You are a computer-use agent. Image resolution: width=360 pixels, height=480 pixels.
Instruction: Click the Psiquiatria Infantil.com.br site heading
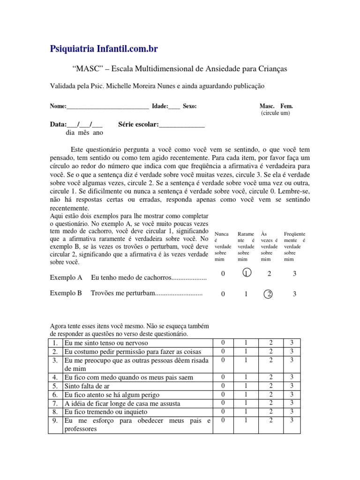click(x=107, y=49)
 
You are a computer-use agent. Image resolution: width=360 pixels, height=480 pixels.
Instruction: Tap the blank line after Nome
click(x=108, y=106)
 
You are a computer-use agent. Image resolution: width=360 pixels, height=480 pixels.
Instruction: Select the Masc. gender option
click(x=268, y=106)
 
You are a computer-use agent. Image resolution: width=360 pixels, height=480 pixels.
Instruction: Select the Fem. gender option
click(x=286, y=106)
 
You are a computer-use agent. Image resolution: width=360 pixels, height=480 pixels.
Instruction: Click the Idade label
click(x=160, y=106)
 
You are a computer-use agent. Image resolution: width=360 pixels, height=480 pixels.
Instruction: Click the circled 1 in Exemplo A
click(x=245, y=274)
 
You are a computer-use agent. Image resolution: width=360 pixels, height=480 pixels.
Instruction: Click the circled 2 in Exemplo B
click(x=269, y=294)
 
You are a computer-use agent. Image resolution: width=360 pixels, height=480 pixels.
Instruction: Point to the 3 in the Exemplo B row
click(x=294, y=294)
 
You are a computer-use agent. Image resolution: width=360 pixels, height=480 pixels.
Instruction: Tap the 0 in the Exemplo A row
click(x=223, y=274)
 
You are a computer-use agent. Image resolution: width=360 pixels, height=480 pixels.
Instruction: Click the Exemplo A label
click(x=66, y=278)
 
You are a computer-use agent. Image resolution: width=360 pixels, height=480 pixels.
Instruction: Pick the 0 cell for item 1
click(x=223, y=343)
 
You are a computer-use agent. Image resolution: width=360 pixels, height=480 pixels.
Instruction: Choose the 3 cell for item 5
click(x=292, y=385)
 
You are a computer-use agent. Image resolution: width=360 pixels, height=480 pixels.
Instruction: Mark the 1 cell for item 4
click(x=246, y=377)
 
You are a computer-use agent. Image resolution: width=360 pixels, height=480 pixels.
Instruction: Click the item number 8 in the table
click(x=55, y=412)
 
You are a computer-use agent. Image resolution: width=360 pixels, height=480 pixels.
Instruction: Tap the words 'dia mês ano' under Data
click(x=84, y=133)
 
